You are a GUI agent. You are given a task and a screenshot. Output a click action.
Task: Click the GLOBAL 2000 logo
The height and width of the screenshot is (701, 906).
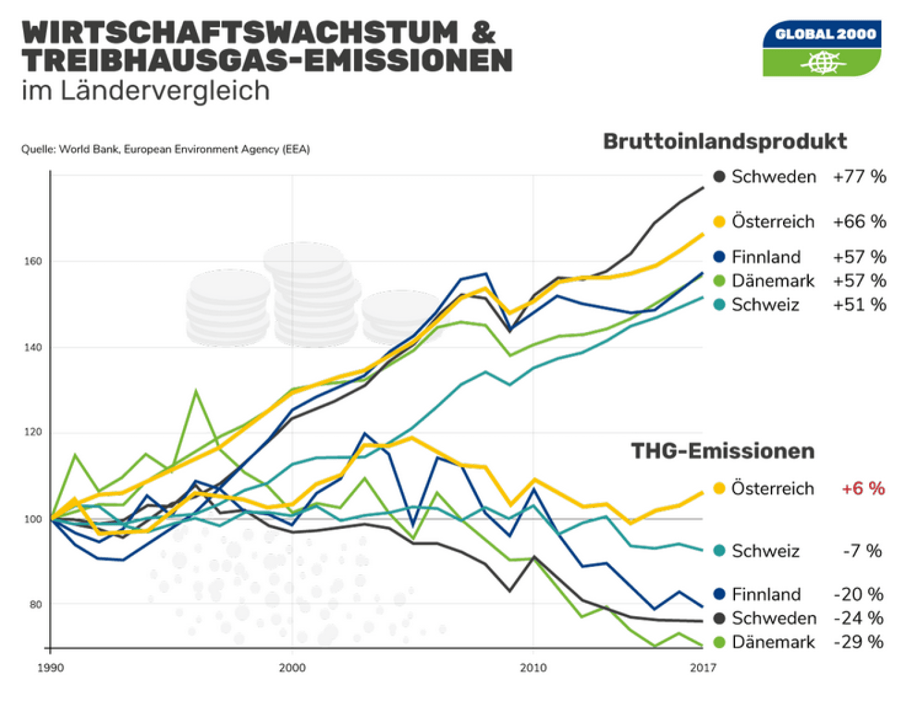(x=821, y=49)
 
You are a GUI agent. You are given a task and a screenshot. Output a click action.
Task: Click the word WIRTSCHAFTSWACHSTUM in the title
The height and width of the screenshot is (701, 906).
(x=240, y=32)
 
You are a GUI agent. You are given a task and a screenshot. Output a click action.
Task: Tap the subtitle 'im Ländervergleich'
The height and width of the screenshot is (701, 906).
(x=146, y=91)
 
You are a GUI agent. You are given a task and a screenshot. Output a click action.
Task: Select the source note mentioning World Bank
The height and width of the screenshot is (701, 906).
(x=165, y=150)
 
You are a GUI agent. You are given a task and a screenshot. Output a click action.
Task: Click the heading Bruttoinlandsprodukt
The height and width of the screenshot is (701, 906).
(x=725, y=141)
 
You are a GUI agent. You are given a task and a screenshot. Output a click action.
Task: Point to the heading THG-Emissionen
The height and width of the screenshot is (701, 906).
(x=722, y=451)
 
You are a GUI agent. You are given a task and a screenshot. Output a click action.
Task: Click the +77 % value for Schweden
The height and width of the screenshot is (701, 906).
(x=859, y=177)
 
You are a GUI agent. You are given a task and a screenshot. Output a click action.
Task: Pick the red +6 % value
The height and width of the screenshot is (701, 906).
(x=862, y=489)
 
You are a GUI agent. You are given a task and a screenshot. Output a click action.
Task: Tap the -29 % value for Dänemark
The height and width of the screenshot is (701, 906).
(x=858, y=642)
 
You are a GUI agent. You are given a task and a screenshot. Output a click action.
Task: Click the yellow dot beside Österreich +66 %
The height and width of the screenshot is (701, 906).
(x=718, y=222)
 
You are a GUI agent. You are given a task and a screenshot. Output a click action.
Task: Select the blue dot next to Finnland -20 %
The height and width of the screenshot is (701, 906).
(x=718, y=594)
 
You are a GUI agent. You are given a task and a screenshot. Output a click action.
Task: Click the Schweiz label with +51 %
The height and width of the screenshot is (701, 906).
(x=765, y=305)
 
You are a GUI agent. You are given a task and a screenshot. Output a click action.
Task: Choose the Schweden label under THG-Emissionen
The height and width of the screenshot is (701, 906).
(x=773, y=618)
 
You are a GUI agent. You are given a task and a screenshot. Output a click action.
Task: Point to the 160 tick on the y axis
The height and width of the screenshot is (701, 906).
(x=33, y=261)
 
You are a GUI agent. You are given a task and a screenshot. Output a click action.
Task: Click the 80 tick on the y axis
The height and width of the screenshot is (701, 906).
(x=35, y=605)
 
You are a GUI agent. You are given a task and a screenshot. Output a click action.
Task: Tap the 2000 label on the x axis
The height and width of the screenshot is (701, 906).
(x=292, y=668)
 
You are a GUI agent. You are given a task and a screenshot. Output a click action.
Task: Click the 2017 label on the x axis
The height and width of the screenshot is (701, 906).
(x=703, y=668)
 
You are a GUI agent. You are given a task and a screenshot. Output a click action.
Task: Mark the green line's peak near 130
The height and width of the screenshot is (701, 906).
(x=195, y=391)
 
